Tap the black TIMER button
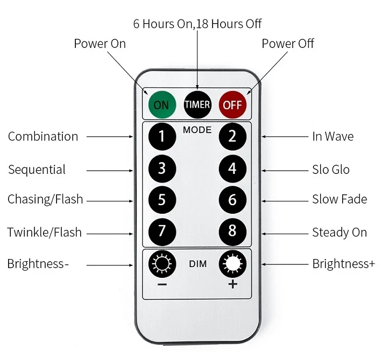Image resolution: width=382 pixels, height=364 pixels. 197,104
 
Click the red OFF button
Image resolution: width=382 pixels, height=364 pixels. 232,104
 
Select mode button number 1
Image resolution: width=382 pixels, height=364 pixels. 162,136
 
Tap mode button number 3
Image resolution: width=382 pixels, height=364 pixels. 162,169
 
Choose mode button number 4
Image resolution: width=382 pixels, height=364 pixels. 232,169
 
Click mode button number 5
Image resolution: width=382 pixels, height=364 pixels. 162,200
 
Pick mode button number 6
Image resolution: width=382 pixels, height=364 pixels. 232,200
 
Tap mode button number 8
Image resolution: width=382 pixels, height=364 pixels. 232,231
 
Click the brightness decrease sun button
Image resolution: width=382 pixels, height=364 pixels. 162,264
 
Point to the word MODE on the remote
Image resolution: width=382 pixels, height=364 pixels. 197,130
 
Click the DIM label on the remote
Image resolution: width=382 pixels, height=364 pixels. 197,264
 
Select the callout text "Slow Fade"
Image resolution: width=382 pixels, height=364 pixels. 339,199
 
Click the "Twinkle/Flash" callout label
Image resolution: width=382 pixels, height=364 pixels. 44,233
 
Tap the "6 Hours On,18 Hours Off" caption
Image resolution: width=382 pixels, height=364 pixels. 197,24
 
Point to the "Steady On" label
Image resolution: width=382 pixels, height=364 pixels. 339,233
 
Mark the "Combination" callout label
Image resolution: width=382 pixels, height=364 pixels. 43,136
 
